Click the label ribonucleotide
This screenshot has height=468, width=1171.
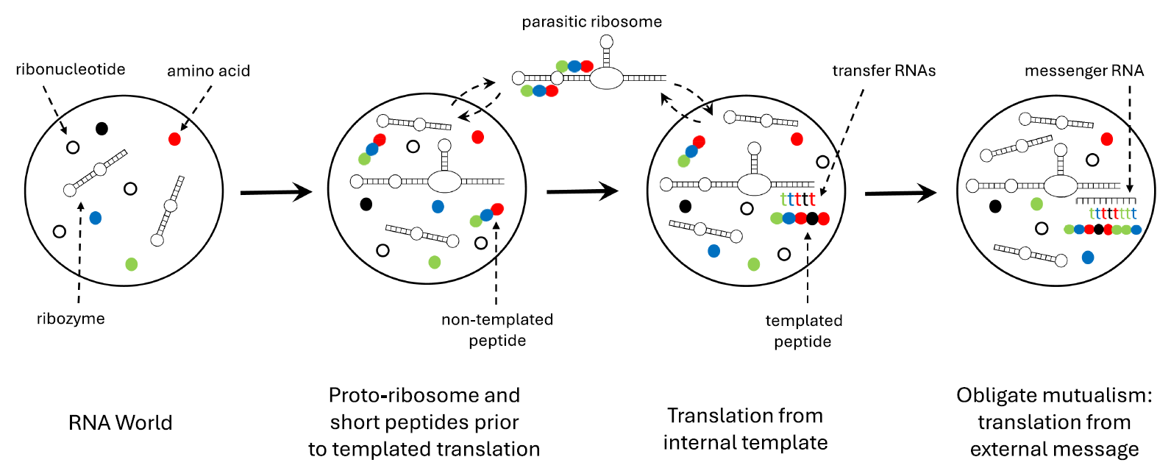[71, 69]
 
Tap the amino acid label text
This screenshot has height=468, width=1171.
[208, 71]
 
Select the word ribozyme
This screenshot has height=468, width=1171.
[71, 319]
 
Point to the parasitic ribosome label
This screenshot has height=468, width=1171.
[591, 22]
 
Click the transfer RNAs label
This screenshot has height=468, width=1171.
[883, 71]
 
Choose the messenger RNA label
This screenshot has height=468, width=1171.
[1083, 71]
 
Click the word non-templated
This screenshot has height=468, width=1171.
[497, 319]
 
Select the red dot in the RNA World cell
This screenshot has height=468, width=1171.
[174, 138]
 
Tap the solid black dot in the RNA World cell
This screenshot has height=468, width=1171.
[102, 129]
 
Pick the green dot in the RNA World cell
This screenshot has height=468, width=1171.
[132, 263]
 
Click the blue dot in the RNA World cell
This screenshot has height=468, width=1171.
[95, 218]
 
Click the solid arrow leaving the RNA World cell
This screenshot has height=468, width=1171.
[276, 193]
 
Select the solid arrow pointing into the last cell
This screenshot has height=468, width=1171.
[900, 194]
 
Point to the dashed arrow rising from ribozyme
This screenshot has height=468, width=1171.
[79, 250]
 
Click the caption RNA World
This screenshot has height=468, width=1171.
[120, 423]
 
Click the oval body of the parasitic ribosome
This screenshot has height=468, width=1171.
[607, 78]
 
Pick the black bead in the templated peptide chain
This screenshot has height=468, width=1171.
[811, 219]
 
